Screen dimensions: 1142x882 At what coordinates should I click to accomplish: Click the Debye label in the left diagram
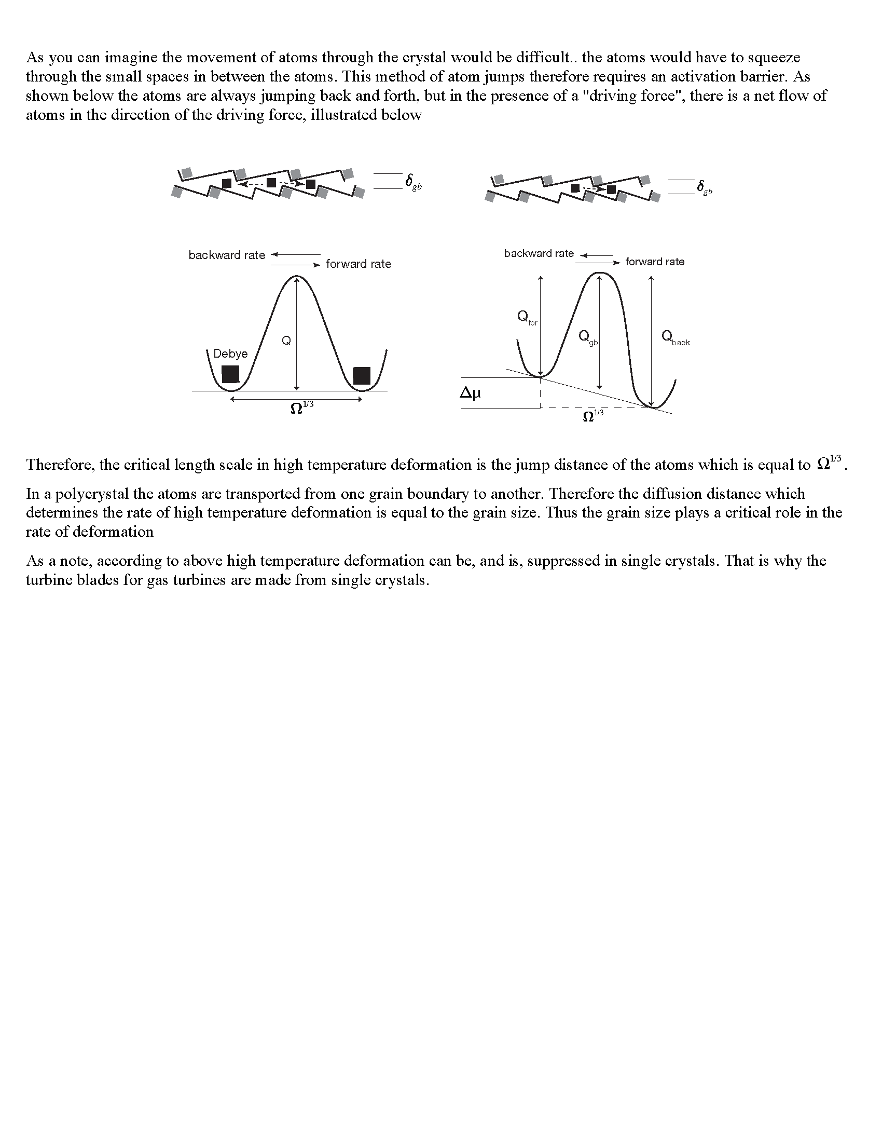click(x=230, y=354)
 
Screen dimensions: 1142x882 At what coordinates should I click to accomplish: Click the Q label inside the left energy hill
click(x=286, y=341)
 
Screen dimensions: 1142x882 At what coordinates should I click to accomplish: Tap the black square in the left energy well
click(x=230, y=374)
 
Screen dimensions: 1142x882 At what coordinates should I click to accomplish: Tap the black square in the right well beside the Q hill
click(x=362, y=375)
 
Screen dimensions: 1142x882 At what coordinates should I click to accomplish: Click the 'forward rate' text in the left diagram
click(x=359, y=264)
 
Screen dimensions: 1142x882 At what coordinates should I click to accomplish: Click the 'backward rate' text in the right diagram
click(x=539, y=254)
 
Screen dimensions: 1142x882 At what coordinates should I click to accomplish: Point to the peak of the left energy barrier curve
click(x=296, y=277)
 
